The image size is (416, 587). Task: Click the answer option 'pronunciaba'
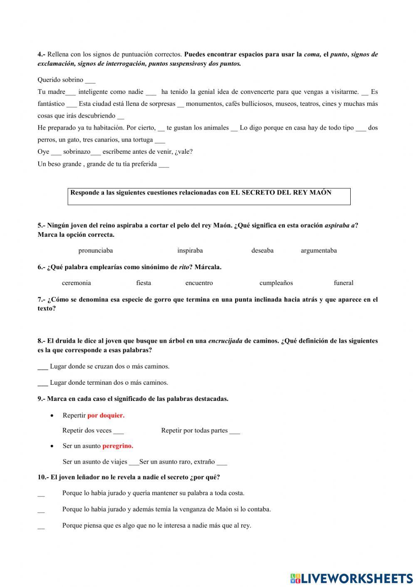(95, 251)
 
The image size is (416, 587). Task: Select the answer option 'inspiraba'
(190, 251)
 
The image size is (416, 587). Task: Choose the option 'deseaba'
(262, 251)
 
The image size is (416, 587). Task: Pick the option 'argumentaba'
(319, 251)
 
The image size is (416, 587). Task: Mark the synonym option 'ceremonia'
(76, 283)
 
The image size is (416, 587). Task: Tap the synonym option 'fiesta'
(144, 283)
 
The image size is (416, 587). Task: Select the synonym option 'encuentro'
(199, 283)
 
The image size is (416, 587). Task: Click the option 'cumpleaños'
(276, 283)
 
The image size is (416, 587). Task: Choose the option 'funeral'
(343, 283)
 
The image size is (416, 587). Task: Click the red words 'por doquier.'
(106, 415)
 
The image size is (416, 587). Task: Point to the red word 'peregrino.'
(118, 446)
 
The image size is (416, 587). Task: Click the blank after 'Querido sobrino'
(90, 81)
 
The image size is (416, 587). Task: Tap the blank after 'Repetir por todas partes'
(235, 431)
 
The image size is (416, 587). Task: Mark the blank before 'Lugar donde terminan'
(42, 383)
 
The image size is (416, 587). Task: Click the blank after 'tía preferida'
(164, 165)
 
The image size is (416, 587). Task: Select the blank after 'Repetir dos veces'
(119, 431)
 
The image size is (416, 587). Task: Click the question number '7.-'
(42, 300)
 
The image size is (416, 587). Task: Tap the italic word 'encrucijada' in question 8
(225, 341)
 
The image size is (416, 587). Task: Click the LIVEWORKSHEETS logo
(352, 578)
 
